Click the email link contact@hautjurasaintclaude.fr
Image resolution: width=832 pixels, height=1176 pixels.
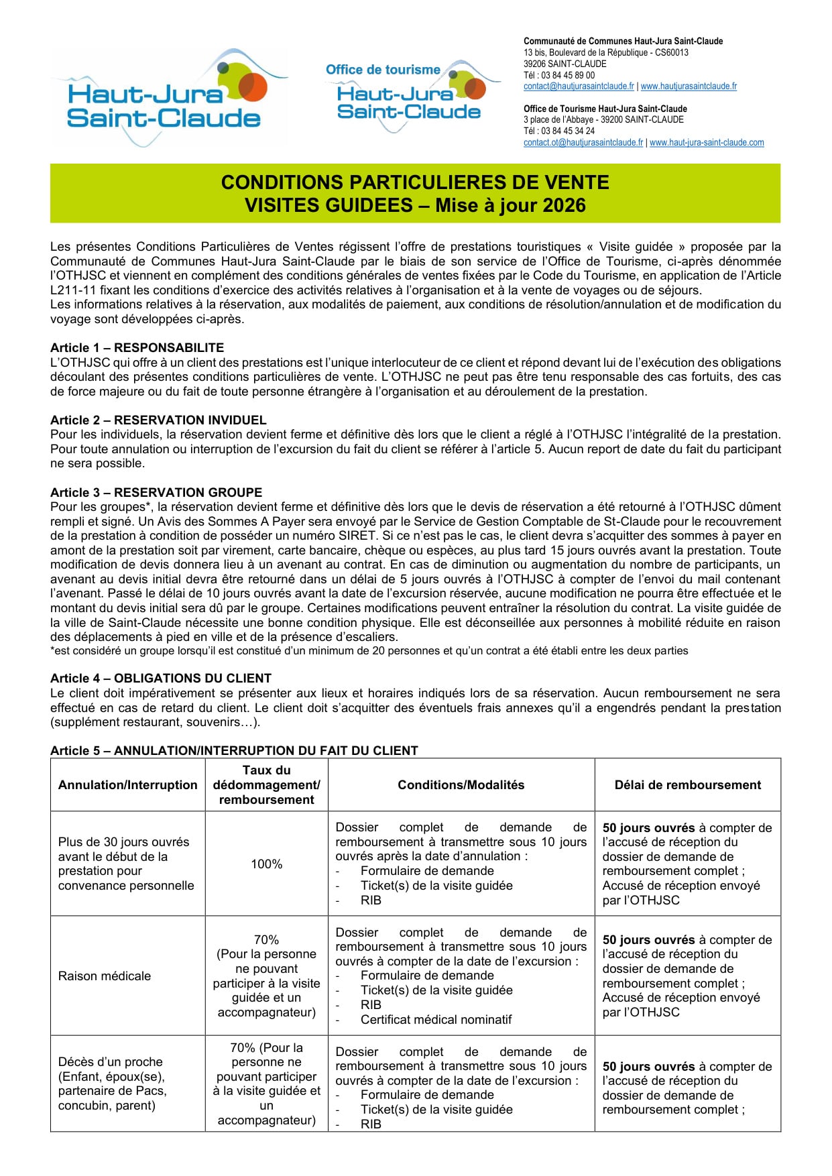coord(579,86)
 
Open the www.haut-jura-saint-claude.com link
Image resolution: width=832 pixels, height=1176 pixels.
coord(707,143)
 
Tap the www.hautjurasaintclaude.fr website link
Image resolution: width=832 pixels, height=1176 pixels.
coord(689,86)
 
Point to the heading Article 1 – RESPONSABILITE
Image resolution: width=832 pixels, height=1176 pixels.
coord(137,347)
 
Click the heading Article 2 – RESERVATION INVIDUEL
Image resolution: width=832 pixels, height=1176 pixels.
coord(158,420)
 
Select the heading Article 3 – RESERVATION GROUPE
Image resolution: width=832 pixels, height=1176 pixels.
coord(156,492)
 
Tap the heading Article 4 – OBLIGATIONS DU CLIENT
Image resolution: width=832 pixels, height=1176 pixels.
coord(161,678)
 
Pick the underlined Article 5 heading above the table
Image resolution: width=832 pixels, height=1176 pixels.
coord(234,750)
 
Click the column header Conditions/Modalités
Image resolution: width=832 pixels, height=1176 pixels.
coord(461,785)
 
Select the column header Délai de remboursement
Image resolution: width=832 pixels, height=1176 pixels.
coord(688,785)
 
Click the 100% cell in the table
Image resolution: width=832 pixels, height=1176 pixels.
coord(266,864)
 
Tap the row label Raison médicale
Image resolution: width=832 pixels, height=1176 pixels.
coord(105,976)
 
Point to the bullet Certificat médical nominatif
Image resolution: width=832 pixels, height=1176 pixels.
coord(436,1020)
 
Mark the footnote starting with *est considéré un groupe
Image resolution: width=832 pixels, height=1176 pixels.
coord(369,650)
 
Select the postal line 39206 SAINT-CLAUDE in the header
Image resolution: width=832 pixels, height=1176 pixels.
coord(564,64)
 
